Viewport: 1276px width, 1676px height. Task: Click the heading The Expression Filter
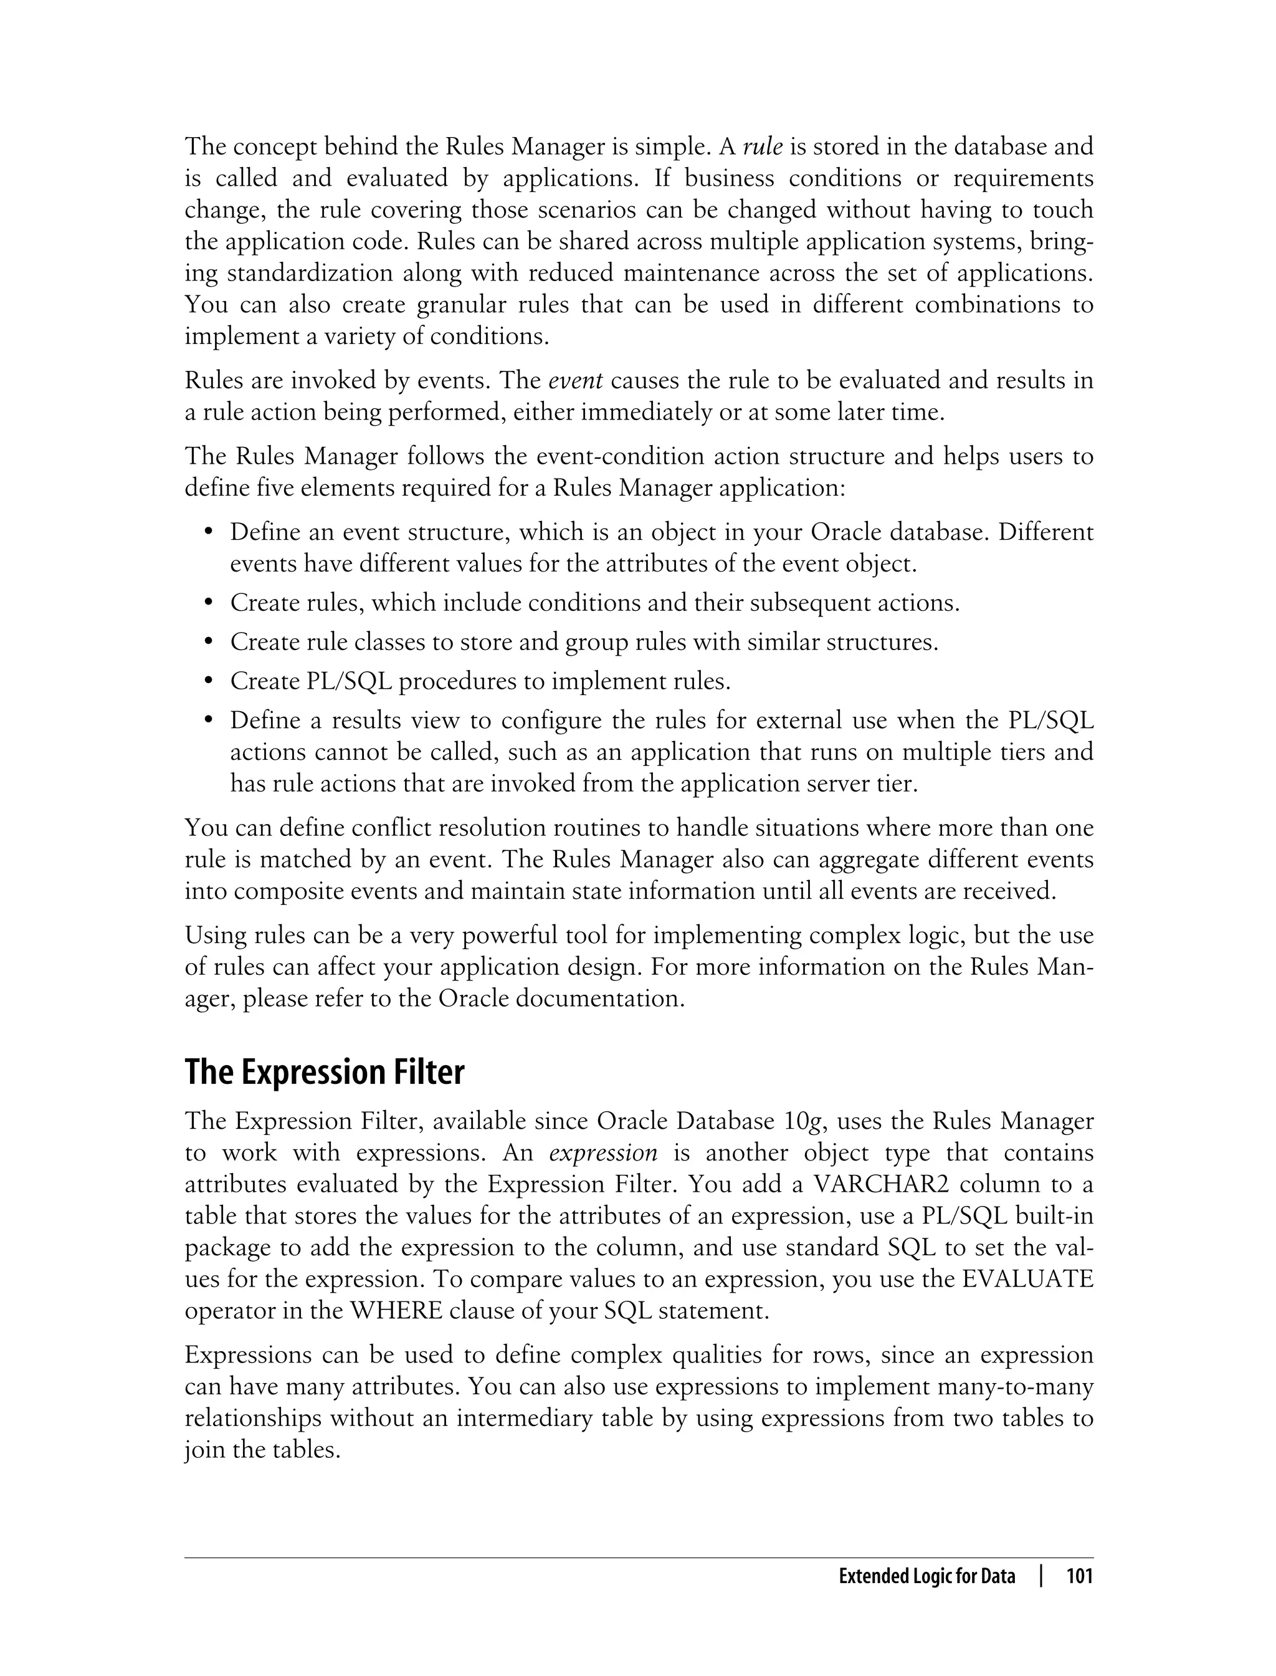pos(325,1073)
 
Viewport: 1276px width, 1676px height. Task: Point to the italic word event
pos(575,380)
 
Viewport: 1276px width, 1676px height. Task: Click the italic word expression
pos(603,1152)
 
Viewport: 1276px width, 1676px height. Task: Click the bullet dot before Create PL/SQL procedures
pos(208,681)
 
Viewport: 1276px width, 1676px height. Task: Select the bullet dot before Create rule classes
pos(208,643)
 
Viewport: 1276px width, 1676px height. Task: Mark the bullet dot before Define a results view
pos(208,721)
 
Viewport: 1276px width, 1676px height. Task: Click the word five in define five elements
pos(276,488)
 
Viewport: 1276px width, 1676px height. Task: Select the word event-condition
pos(611,457)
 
